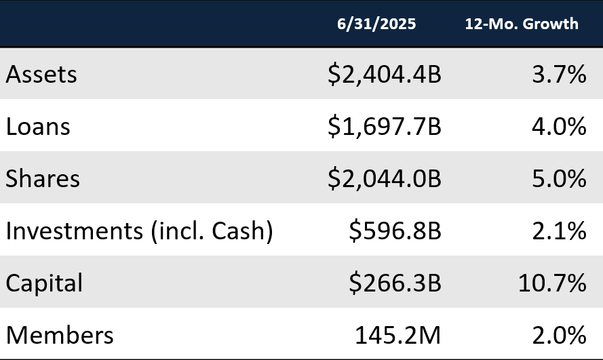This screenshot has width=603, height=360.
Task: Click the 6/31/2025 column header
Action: (376, 24)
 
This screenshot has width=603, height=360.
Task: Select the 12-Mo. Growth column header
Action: (522, 24)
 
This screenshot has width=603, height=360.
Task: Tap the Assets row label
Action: (41, 74)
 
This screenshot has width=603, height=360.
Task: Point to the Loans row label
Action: (38, 126)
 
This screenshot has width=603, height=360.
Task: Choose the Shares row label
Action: (43, 178)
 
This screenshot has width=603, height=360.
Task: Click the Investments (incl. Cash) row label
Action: (139, 231)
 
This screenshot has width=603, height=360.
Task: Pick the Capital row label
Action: (44, 283)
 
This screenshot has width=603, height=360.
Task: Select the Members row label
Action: (60, 335)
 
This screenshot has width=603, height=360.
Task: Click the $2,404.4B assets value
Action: (384, 74)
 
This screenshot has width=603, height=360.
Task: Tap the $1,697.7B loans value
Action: (384, 126)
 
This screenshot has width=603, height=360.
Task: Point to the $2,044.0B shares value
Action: (384, 178)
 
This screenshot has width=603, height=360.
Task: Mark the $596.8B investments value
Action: (395, 231)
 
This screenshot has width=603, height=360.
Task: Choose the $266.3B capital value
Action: (395, 283)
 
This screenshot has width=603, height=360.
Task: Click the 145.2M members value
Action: (398, 335)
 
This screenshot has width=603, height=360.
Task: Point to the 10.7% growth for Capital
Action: (552, 283)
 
